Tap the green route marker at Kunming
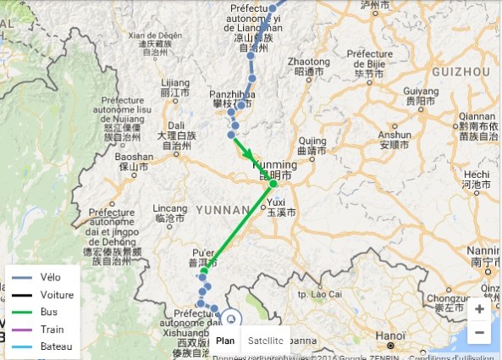(273, 184)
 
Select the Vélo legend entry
(52, 278)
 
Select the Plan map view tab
(225, 341)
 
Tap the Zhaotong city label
(308, 63)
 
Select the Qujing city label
(312, 141)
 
